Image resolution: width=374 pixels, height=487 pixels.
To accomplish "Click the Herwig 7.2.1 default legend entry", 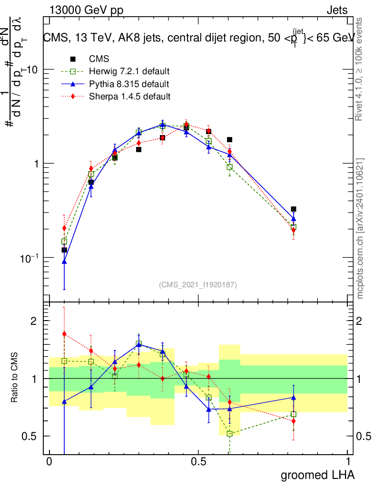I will [x=129, y=72].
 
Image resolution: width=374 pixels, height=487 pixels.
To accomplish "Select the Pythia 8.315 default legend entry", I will [x=128, y=84].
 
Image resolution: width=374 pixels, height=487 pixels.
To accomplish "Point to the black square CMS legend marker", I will [x=73, y=59].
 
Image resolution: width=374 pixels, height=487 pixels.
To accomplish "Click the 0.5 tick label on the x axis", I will [x=198, y=462].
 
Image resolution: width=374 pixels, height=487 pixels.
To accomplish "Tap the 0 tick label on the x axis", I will [x=49, y=462].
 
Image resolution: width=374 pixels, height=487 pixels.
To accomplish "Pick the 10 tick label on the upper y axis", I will [x=32, y=69].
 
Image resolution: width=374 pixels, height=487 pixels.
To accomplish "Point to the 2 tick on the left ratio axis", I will [x=34, y=321].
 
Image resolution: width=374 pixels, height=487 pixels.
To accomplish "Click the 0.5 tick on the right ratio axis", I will [x=364, y=436].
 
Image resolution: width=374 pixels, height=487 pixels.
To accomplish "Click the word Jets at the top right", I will [x=337, y=11].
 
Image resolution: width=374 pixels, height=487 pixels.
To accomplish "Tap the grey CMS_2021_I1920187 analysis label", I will [x=198, y=284].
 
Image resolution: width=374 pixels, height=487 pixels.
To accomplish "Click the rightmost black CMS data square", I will [x=294, y=209].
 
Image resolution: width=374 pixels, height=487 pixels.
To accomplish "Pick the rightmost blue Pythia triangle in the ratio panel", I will [x=294, y=397].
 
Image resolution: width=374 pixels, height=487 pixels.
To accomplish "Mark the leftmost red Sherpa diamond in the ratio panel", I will [x=64, y=333].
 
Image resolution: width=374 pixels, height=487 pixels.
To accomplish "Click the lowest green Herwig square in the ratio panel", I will [x=230, y=433].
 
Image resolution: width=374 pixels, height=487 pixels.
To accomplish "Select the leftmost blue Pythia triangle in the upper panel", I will [x=64, y=261].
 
